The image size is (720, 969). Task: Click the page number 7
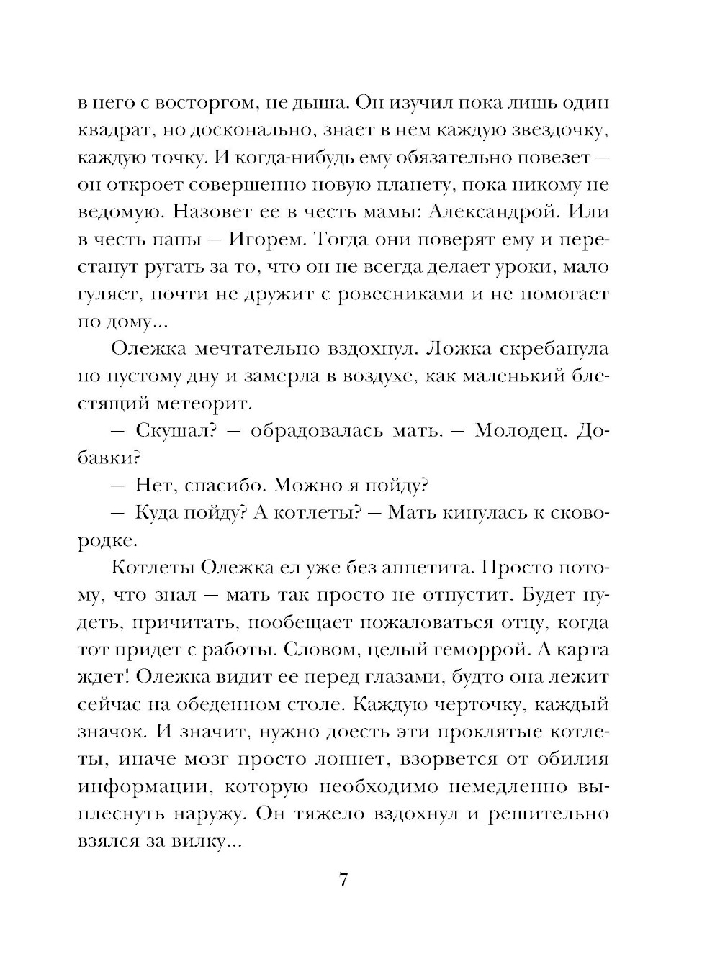[343, 880]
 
